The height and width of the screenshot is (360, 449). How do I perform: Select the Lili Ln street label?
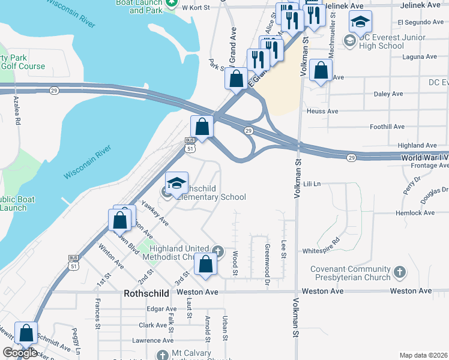[x=313, y=183]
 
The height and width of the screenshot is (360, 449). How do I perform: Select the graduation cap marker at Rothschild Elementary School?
[x=177, y=183]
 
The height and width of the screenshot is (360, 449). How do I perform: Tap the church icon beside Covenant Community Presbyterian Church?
[x=400, y=274]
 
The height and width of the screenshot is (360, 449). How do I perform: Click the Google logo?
[x=20, y=353]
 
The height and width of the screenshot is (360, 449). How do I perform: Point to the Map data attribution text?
[x=423, y=355]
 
